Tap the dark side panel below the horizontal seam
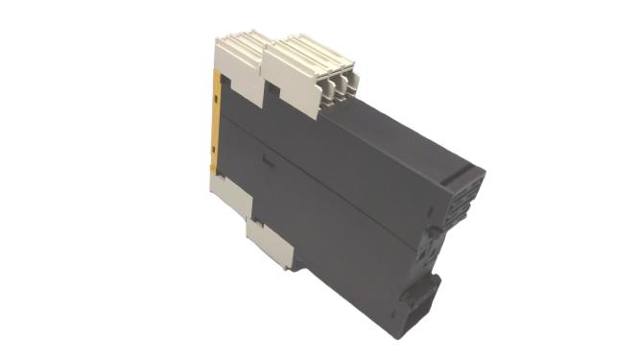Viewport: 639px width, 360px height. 345,240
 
